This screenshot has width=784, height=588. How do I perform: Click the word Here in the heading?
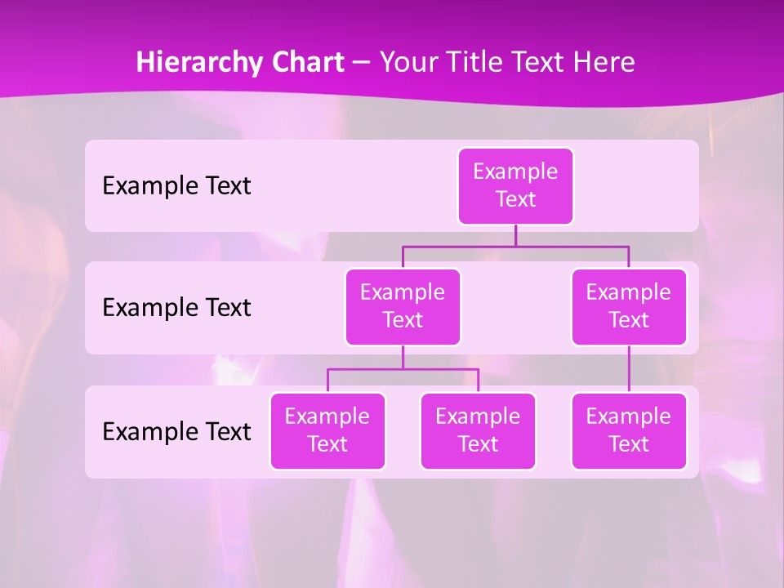click(x=603, y=63)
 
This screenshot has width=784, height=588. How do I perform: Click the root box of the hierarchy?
click(x=515, y=186)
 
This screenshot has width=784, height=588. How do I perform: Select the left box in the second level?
click(x=403, y=307)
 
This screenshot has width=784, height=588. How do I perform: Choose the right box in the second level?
click(x=629, y=307)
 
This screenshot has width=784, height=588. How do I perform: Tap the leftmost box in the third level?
click(x=327, y=431)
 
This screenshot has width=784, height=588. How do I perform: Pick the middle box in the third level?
click(x=478, y=431)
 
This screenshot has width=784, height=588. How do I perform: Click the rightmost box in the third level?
click(x=629, y=431)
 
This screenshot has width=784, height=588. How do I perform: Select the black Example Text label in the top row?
click(x=176, y=186)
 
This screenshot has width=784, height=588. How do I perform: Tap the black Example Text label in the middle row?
click(x=176, y=308)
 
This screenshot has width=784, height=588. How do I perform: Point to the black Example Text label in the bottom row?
click(x=176, y=431)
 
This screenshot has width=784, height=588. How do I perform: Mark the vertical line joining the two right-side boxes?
click(x=629, y=369)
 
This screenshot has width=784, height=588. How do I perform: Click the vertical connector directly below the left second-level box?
click(x=403, y=357)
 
